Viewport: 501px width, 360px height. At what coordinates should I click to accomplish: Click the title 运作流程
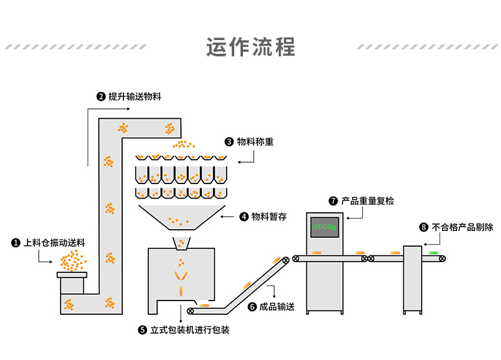click(x=250, y=47)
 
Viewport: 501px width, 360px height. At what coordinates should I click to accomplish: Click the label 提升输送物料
click(x=135, y=96)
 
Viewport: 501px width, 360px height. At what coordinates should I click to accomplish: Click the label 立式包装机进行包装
click(x=190, y=329)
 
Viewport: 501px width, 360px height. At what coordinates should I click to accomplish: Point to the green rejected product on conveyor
click(x=433, y=253)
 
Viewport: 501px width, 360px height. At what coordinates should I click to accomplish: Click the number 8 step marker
click(x=423, y=227)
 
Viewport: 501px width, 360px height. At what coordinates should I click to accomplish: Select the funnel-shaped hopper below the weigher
click(x=181, y=219)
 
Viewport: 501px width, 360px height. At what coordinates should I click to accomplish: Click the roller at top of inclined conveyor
click(x=287, y=260)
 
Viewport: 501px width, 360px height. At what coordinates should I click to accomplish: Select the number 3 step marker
click(x=229, y=142)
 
